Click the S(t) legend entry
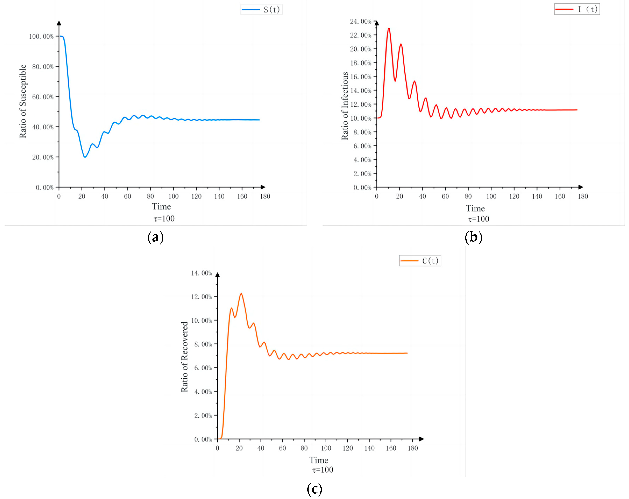[261, 10]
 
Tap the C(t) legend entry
[420, 261]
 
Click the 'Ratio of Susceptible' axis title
[23, 101]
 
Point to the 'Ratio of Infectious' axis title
[345, 106]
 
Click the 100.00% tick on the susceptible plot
[41, 37]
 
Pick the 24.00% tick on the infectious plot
[361, 21]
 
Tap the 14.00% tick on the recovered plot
[201, 273]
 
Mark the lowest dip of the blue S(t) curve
[85, 157]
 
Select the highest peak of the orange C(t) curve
[241, 294]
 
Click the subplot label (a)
[155, 237]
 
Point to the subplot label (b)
[473, 237]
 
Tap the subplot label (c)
[314, 489]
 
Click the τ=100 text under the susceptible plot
[164, 219]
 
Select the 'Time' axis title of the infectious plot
[475, 208]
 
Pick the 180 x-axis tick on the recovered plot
[413, 448]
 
